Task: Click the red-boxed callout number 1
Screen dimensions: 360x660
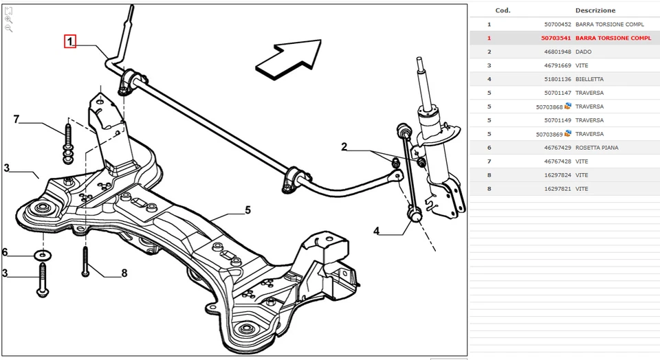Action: pyautogui.click(x=70, y=41)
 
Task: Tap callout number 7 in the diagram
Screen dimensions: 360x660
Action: pyautogui.click(x=16, y=120)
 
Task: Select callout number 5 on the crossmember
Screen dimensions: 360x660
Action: pyautogui.click(x=247, y=210)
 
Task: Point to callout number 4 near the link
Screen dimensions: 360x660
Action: pyautogui.click(x=376, y=231)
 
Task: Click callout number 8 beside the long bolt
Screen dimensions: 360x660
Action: pyautogui.click(x=124, y=273)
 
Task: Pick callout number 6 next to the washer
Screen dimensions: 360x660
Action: pyautogui.click(x=5, y=251)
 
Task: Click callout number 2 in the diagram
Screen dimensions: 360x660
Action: pyautogui.click(x=344, y=146)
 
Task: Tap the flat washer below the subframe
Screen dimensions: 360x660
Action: pyautogui.click(x=43, y=256)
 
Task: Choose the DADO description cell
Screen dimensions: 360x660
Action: pyautogui.click(x=584, y=52)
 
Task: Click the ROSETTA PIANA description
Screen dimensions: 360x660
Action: pyautogui.click(x=597, y=148)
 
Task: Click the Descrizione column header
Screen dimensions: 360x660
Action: pyautogui.click(x=595, y=10)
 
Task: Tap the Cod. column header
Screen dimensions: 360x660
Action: pyautogui.click(x=503, y=10)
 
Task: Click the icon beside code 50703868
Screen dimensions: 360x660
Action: pyautogui.click(x=569, y=106)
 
